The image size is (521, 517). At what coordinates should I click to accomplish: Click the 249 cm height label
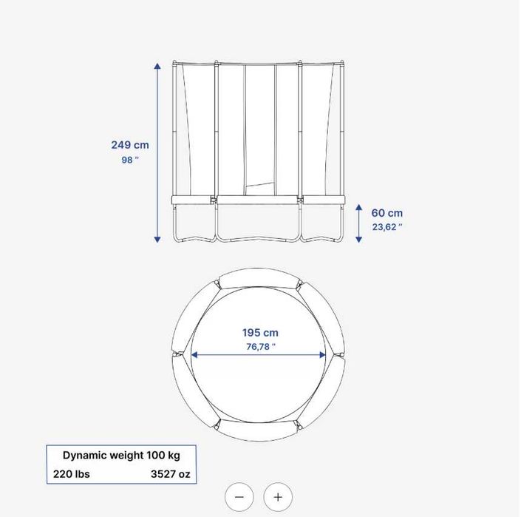click(x=130, y=145)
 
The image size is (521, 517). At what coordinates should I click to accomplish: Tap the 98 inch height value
click(x=130, y=160)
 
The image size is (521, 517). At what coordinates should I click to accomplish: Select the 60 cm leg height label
click(x=387, y=213)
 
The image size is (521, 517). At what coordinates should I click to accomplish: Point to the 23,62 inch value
click(x=387, y=227)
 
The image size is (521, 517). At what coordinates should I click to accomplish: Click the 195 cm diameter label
click(x=260, y=333)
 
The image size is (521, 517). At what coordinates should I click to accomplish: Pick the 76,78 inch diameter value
click(x=261, y=347)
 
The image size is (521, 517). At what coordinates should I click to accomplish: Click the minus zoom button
click(x=239, y=497)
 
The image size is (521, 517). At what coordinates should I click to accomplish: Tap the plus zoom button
click(x=278, y=497)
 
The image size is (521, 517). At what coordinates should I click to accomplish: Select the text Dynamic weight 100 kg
click(x=121, y=455)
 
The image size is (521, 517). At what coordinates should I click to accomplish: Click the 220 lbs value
click(x=72, y=474)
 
